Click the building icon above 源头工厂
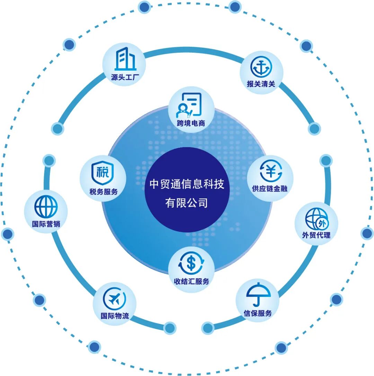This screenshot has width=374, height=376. [125, 59]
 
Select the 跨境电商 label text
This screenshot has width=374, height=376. [191, 123]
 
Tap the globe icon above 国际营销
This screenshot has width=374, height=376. [46, 207]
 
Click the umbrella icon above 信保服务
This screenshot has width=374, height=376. [258, 294]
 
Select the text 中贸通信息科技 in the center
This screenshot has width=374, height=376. [187, 184]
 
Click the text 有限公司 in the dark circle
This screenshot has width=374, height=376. [187, 203]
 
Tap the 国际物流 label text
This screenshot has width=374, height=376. [115, 316]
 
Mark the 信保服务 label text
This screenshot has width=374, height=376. [258, 313]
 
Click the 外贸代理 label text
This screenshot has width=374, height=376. [316, 235]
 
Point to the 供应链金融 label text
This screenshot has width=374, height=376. [270, 189]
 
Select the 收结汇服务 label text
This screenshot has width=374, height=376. [192, 281]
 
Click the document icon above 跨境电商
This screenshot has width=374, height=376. [190, 105]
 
